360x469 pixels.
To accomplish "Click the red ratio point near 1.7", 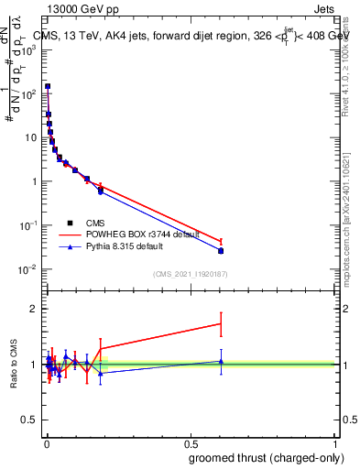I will (221, 323).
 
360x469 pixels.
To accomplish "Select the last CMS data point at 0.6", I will (221, 250).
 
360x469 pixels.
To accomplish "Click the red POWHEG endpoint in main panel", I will (221, 242).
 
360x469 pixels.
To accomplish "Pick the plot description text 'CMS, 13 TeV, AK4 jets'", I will (101, 37).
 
